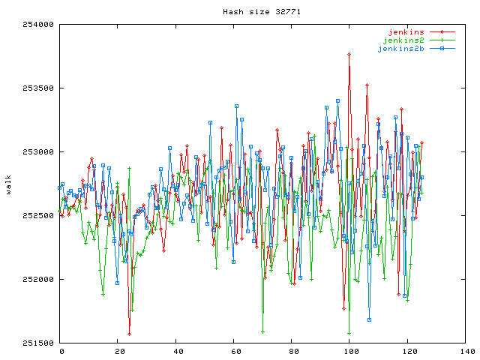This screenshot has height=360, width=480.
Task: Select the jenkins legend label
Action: (x=406, y=32)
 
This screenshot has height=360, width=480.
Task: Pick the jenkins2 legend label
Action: (x=403, y=40)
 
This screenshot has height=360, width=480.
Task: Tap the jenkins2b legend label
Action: (x=400, y=49)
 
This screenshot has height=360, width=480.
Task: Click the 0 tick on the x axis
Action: (x=61, y=352)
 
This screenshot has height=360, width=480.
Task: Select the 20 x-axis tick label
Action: (x=119, y=352)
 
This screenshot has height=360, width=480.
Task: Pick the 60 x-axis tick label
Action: (x=235, y=352)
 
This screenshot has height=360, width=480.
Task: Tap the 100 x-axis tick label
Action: (x=349, y=352)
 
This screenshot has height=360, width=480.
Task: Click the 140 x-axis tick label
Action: (x=465, y=352)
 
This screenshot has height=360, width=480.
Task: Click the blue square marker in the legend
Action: (x=442, y=49)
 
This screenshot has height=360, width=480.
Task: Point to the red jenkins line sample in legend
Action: (x=442, y=32)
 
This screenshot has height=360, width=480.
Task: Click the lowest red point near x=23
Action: (x=129, y=334)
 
